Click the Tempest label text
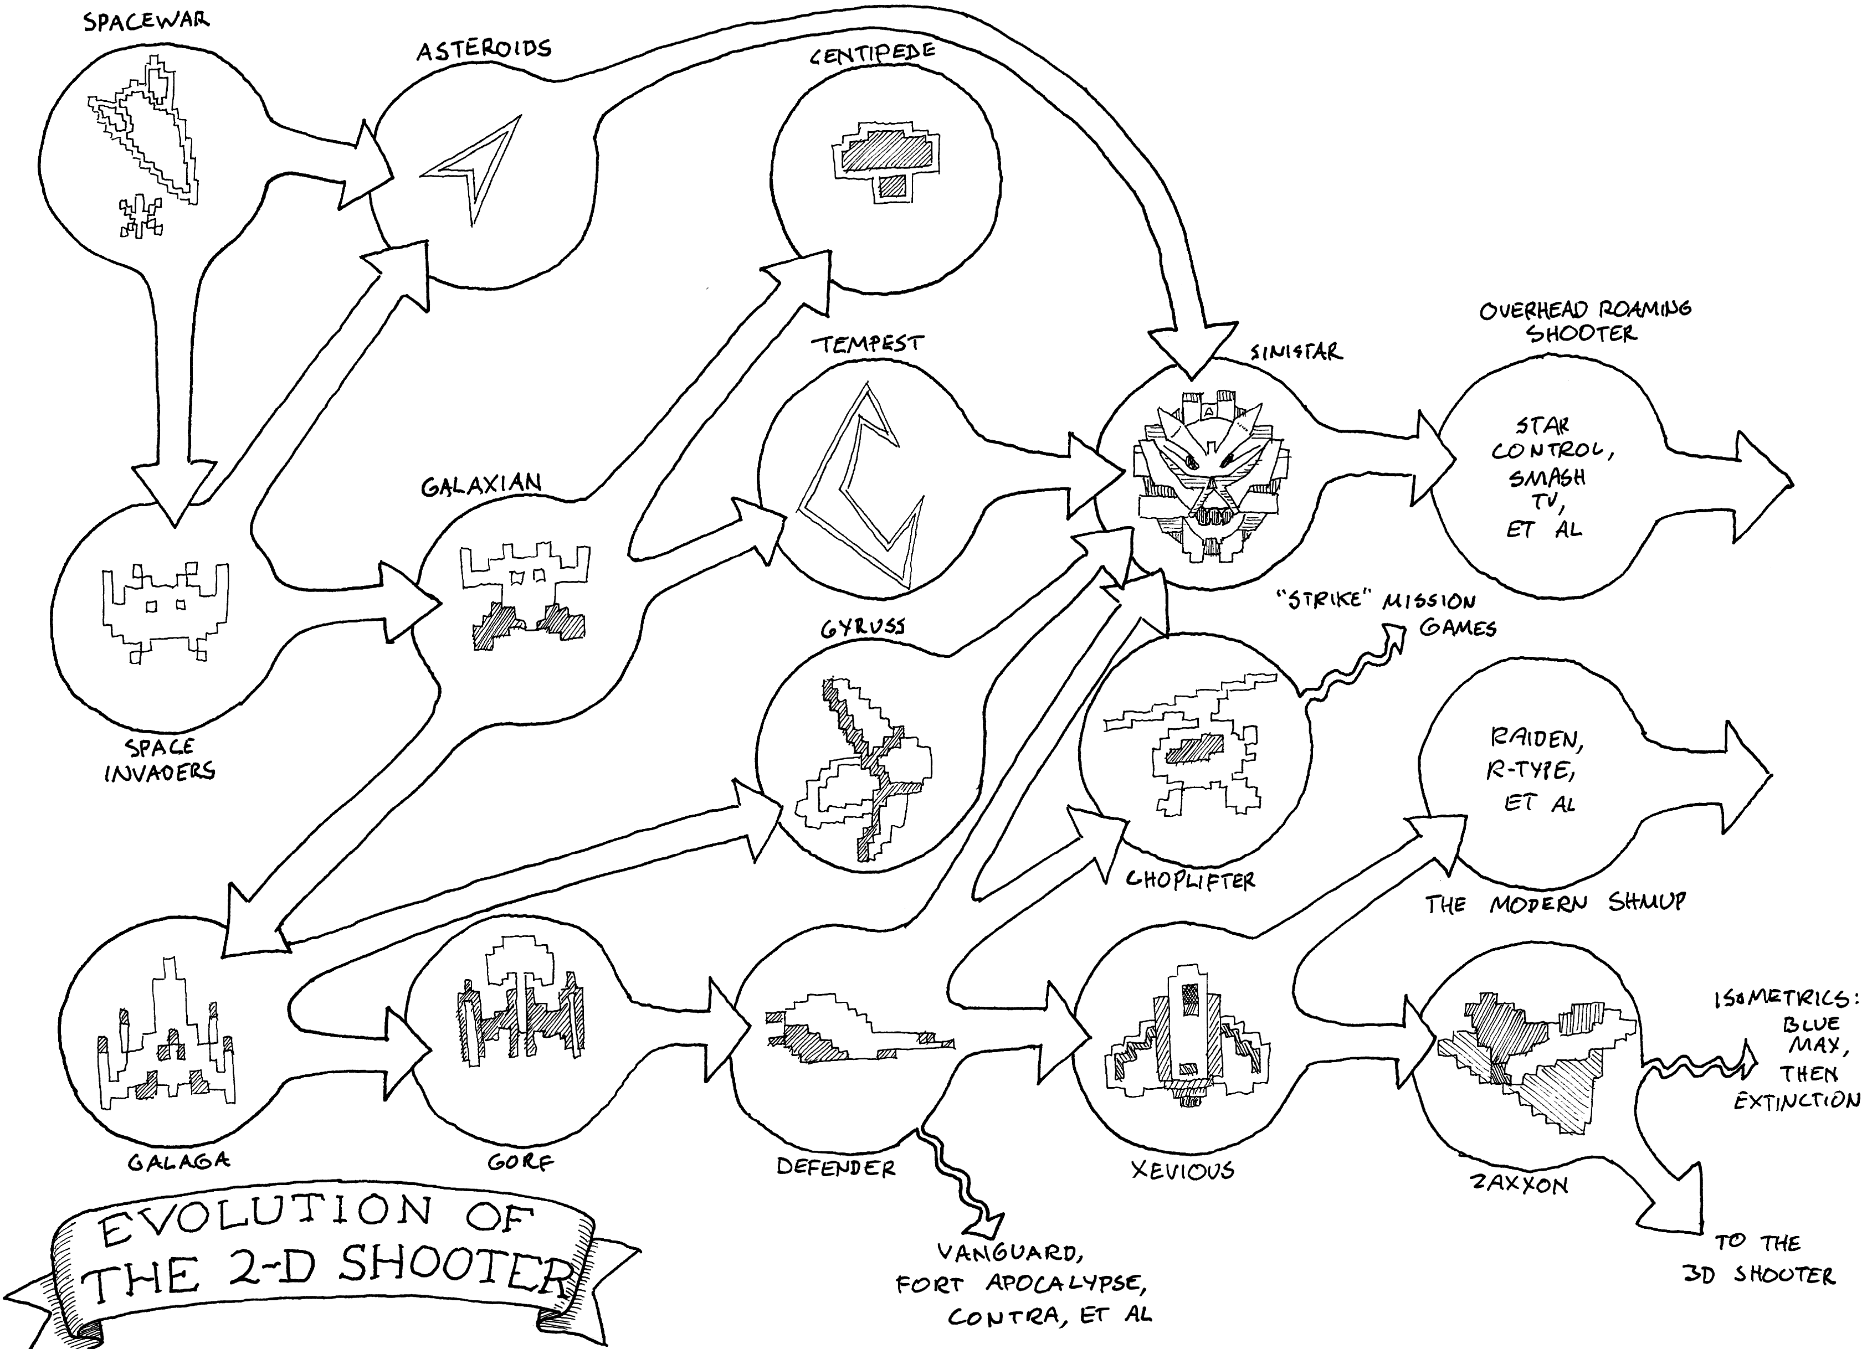868,343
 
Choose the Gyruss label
863,628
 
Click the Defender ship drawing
856,1029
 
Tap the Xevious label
1182,1170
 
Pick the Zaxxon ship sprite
1523,1062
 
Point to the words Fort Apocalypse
1021,1284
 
